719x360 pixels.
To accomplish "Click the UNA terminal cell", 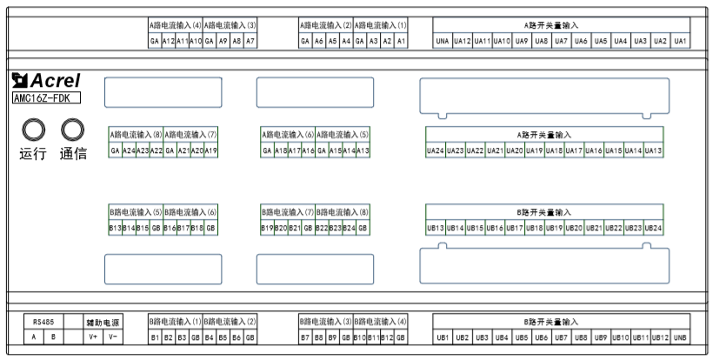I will click(x=443, y=41).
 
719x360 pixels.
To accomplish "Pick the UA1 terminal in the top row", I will click(x=680, y=41).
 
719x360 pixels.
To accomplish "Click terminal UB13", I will click(x=436, y=228).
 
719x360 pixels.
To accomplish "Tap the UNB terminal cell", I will click(x=680, y=337).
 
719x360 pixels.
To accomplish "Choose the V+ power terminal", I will click(x=94, y=337).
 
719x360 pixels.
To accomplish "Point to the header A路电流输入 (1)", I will click(x=381, y=26).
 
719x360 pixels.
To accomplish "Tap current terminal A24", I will click(x=129, y=150).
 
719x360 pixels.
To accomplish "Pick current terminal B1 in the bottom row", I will click(x=154, y=337).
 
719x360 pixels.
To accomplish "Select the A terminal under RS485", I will click(x=33, y=337).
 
